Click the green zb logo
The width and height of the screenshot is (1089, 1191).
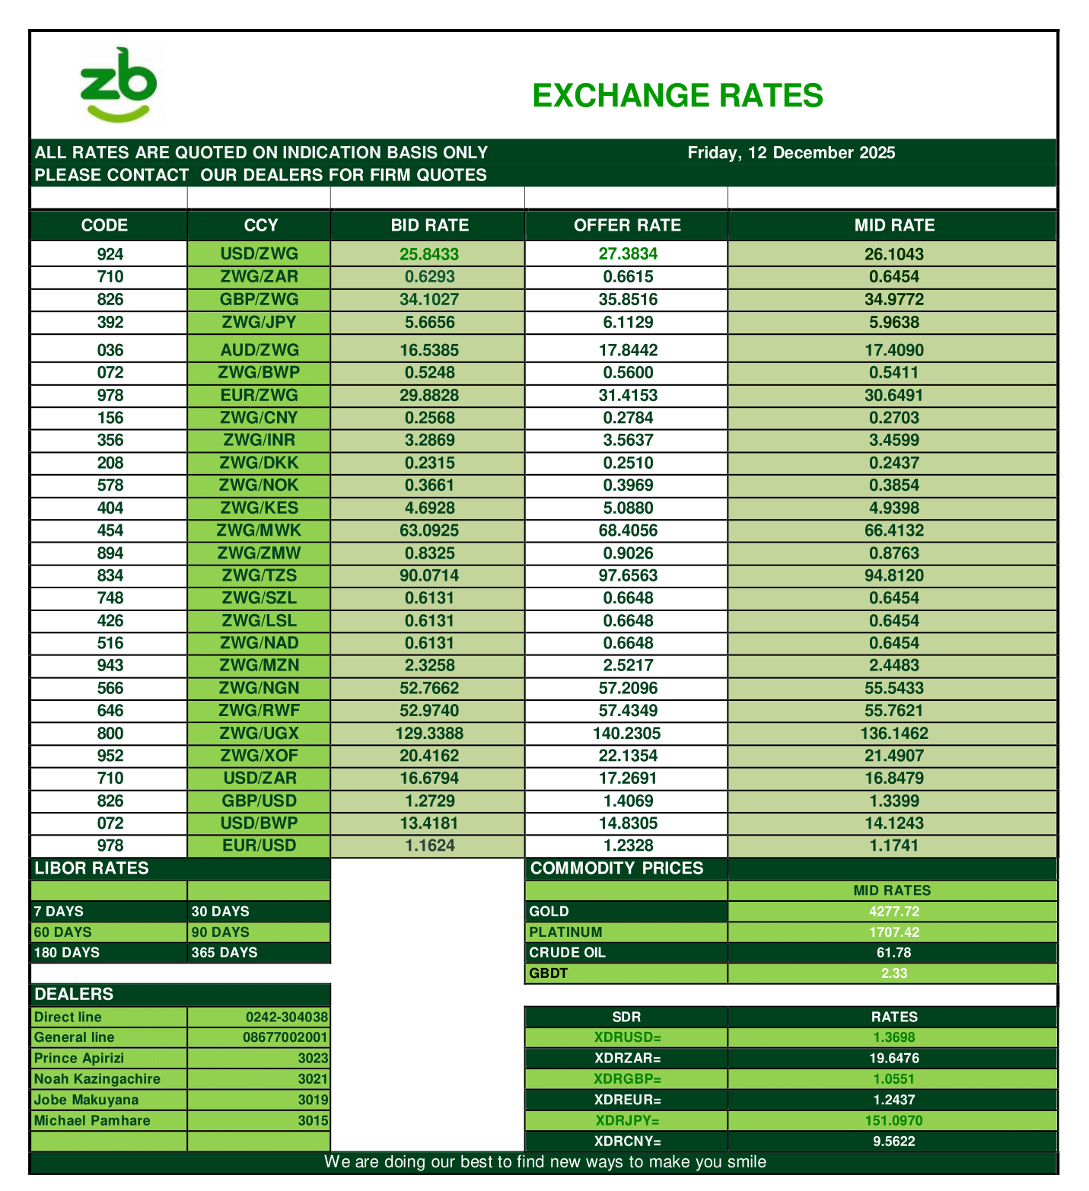point(118,85)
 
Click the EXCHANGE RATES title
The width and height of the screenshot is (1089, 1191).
point(677,96)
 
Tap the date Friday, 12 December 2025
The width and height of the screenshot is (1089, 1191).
point(791,152)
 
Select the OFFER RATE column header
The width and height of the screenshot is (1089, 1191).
point(626,225)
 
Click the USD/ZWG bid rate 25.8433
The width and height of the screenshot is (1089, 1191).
point(429,254)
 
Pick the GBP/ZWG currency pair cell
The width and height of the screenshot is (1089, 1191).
point(259,299)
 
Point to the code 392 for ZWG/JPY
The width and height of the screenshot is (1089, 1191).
point(110,322)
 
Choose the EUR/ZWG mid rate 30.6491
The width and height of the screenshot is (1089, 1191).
point(893,395)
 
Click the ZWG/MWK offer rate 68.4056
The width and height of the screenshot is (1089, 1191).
point(627,530)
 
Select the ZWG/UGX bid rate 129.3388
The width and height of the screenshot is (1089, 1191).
point(429,734)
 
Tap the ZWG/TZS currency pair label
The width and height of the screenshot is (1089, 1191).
point(259,575)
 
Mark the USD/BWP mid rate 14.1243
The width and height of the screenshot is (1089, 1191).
point(893,823)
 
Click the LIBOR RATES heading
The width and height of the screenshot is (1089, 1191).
point(92,868)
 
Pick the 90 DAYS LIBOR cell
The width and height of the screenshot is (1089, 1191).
point(221,932)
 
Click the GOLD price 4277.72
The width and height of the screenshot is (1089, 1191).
point(893,912)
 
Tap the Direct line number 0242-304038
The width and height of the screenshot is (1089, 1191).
point(286,1017)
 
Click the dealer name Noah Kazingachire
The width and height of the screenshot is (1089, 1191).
point(97,1079)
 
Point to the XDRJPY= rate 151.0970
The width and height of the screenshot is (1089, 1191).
point(893,1121)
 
